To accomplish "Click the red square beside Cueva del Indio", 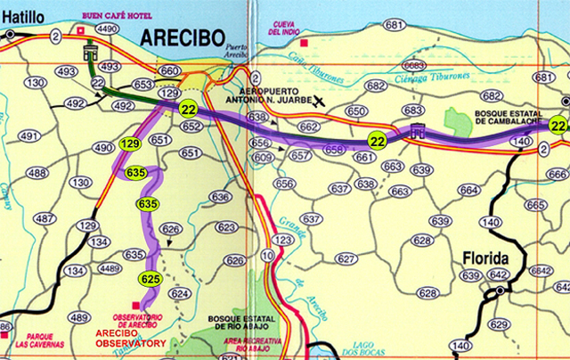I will [x=304, y=42].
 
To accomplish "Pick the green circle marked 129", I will [x=130, y=143].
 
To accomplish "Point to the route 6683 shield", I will [x=412, y=65].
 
